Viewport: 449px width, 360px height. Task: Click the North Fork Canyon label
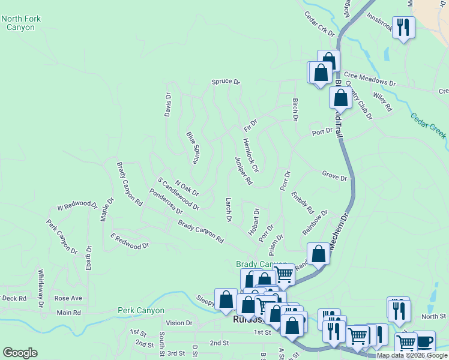(x=21, y=23)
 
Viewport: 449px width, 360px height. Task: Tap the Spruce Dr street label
(x=225, y=82)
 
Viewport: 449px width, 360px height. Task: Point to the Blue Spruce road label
(x=192, y=148)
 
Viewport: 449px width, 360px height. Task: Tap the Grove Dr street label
(x=334, y=178)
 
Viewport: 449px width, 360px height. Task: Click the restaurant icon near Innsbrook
(x=403, y=27)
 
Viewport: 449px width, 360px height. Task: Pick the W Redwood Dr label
(x=77, y=206)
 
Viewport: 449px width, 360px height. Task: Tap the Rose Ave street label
(x=68, y=298)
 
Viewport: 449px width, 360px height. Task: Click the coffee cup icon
(x=424, y=341)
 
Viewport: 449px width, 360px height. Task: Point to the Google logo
(x=20, y=353)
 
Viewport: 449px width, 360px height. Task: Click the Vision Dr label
(x=179, y=323)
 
